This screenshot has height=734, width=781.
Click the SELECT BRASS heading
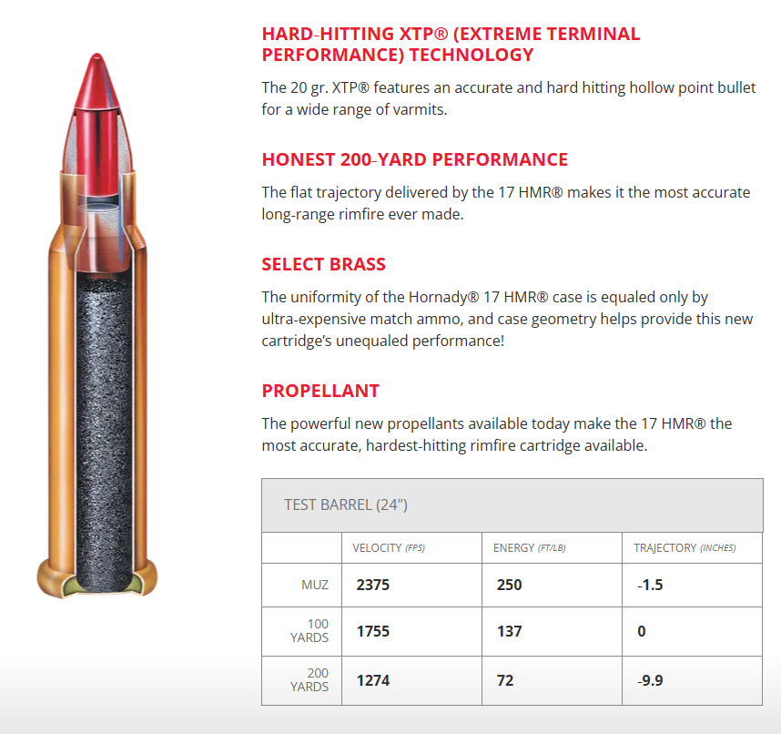point(323,265)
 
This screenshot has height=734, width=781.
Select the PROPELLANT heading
point(320,392)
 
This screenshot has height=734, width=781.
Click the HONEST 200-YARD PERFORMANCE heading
point(414,160)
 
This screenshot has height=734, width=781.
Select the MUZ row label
point(315,585)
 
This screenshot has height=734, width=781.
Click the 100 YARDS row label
point(310,631)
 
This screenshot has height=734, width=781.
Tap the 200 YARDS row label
point(310,680)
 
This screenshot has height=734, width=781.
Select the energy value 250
point(509,585)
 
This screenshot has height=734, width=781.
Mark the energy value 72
point(504,680)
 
